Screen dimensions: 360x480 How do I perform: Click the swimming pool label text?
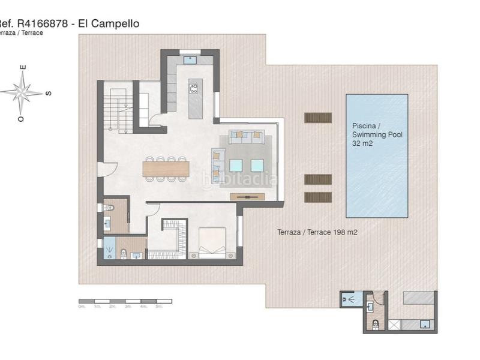tap(377, 135)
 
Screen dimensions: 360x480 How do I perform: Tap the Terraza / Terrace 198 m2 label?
tap(317, 232)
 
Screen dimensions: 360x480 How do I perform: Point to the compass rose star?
tap(22, 93)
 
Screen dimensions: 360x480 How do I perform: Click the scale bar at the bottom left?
tap(125, 300)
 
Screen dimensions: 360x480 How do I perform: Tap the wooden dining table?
tap(166, 169)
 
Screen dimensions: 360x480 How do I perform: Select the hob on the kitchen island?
tap(194, 89)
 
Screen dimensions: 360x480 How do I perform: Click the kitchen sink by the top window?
tap(190, 60)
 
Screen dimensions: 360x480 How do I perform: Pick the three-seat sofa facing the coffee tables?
tap(247, 137)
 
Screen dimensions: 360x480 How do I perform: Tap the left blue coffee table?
tap(236, 165)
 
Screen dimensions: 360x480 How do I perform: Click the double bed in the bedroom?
tap(211, 243)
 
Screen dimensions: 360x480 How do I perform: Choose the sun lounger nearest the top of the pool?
tap(318, 118)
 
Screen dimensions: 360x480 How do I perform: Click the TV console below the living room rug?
tap(247, 196)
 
